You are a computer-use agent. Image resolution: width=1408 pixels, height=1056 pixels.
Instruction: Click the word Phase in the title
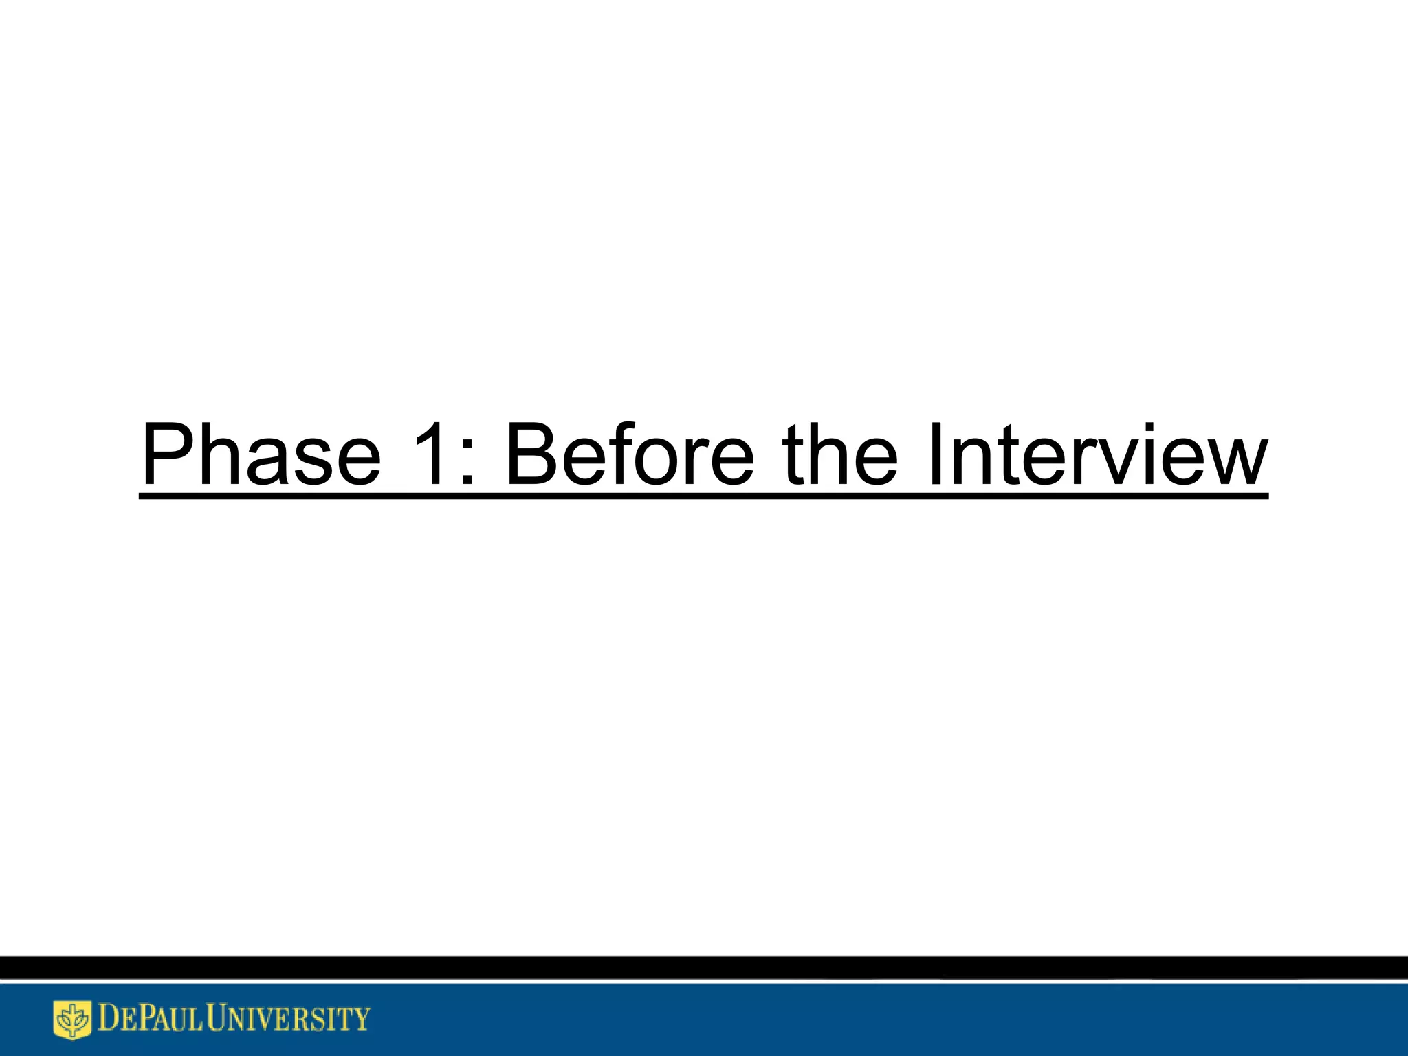[261, 454]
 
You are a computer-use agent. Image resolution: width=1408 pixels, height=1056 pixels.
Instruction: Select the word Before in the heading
[630, 454]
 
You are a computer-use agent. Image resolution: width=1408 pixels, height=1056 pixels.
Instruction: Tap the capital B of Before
[533, 454]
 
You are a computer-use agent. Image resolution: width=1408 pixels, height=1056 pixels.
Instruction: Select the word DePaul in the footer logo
[151, 1019]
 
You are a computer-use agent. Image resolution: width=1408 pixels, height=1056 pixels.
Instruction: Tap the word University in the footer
[289, 1019]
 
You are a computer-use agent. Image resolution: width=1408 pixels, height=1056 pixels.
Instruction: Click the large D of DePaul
[109, 1019]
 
